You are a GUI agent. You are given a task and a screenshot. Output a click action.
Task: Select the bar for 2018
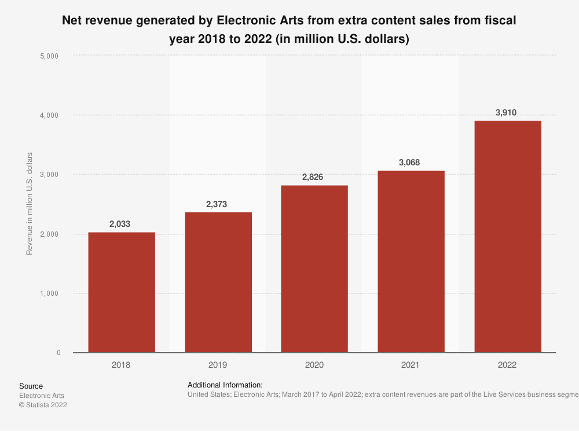coord(122,292)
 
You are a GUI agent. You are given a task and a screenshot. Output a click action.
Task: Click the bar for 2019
coord(218,282)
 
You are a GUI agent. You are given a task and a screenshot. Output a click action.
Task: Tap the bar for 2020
coord(314,269)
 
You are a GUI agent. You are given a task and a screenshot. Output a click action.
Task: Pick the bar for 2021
coord(411,262)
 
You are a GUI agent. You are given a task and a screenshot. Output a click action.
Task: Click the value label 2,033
coord(122,223)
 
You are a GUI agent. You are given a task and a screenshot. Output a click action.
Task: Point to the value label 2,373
coord(218,204)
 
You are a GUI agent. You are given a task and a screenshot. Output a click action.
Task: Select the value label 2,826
coord(314,176)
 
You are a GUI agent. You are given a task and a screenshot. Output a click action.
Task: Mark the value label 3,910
coord(508,112)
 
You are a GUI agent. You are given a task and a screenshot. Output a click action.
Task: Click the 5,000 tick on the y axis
coord(50,56)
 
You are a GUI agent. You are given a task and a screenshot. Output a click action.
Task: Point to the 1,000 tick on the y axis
coord(50,294)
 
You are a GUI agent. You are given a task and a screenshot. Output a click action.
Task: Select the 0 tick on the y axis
coord(58,353)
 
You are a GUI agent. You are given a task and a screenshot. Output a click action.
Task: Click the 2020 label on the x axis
coord(314,365)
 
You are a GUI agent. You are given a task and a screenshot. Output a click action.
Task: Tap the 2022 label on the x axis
coord(508,365)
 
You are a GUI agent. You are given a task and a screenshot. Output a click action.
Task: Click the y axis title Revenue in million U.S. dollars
coord(30,204)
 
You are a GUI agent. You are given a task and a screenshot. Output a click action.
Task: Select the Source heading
coord(31,386)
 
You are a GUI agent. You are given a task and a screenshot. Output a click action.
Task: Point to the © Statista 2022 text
coord(43,405)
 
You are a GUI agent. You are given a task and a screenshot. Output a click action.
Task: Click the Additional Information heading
coord(225,385)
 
